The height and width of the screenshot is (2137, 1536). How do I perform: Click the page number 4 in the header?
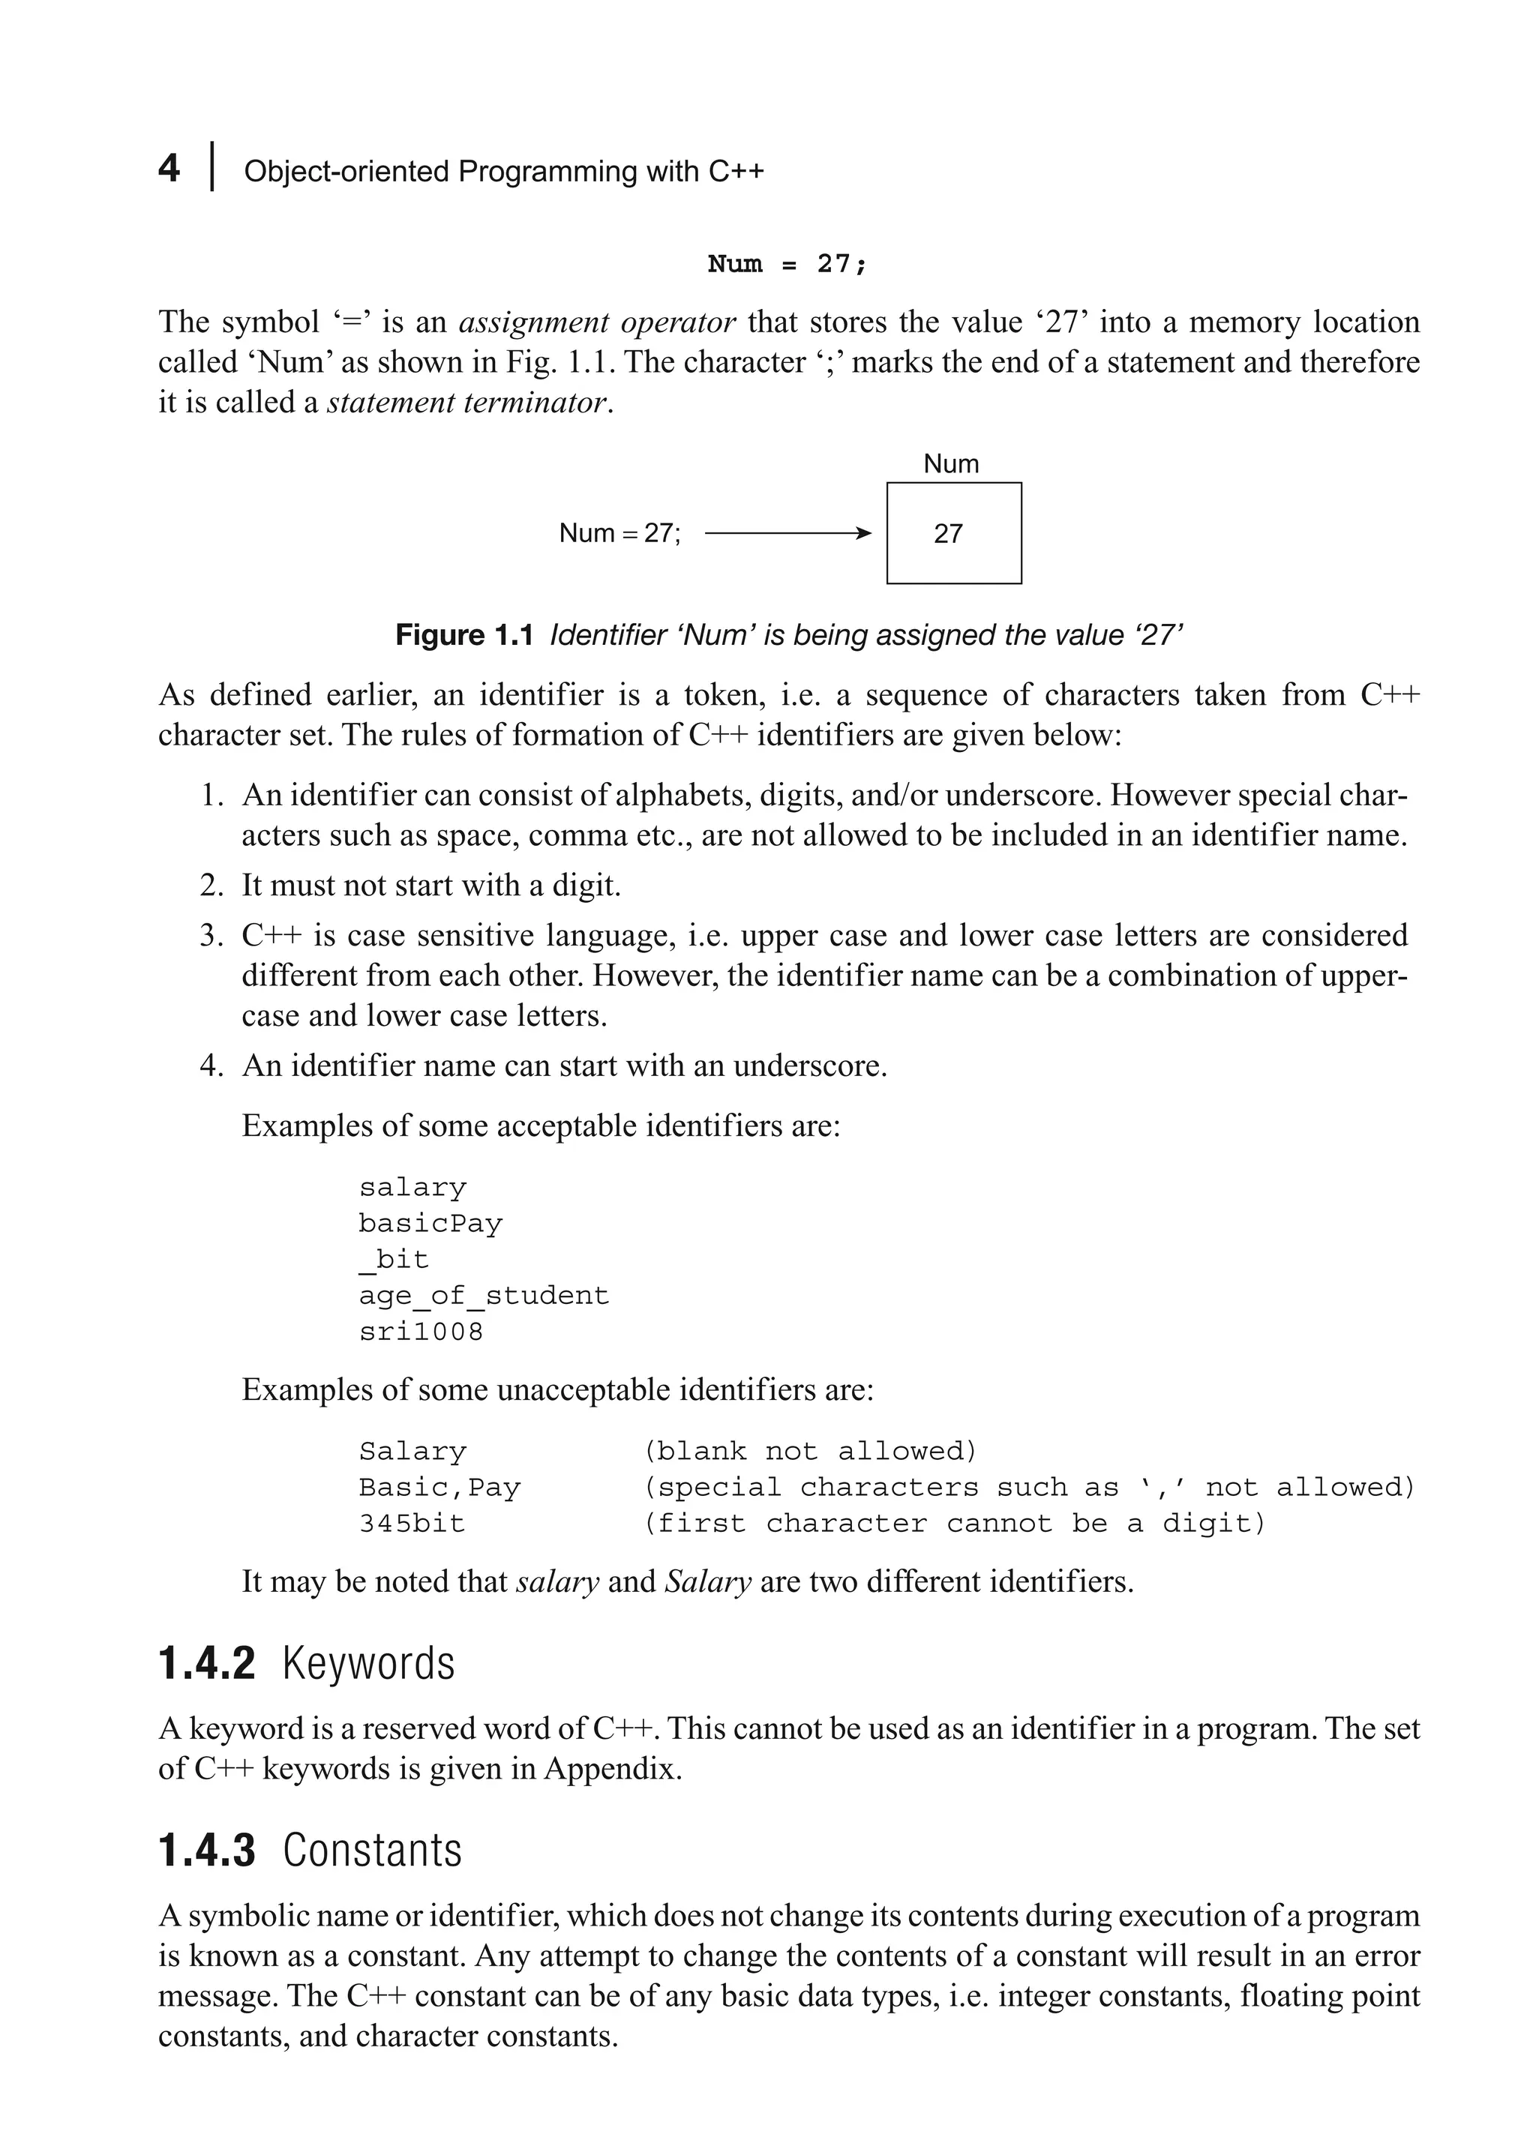(169, 169)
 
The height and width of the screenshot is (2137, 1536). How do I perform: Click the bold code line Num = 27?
(786, 264)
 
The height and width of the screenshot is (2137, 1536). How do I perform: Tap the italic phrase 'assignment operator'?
(596, 322)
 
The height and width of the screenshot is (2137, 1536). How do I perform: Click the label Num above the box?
(951, 463)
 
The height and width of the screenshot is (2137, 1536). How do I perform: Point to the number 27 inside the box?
(948, 534)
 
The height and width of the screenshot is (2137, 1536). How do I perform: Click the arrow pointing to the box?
(787, 534)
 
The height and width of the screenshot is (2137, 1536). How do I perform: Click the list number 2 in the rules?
(209, 886)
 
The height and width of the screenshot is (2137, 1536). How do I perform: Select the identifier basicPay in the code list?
(430, 1224)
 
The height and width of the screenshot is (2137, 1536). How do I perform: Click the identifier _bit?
(394, 1260)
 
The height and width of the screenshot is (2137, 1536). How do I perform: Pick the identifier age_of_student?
(484, 1296)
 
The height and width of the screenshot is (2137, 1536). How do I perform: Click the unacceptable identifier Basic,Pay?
(439, 1488)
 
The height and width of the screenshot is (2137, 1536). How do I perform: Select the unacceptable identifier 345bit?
(412, 1524)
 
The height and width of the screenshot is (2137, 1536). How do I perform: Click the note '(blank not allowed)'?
(811, 1451)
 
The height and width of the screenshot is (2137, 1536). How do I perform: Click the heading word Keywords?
(368, 1663)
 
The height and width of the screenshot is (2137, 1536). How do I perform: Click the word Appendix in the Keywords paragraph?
(611, 1769)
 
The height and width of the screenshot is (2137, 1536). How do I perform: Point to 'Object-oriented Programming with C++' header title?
(503, 172)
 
